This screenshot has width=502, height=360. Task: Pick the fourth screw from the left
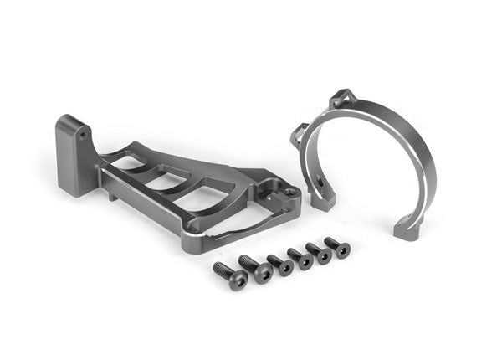(301, 258)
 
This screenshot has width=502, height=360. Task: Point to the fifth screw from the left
(320, 253)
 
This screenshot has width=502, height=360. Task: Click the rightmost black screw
(339, 246)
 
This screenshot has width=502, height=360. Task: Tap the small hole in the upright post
(85, 132)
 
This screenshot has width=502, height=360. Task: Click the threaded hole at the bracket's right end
(290, 192)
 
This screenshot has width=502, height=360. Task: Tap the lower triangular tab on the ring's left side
(300, 135)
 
